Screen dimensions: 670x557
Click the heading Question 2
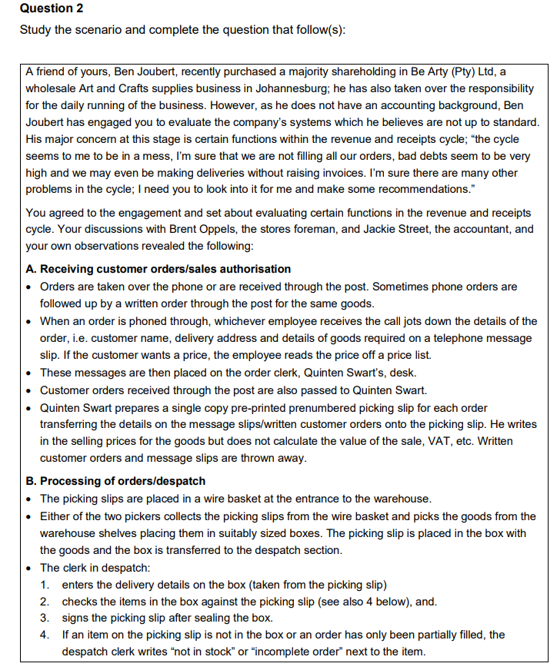[51, 8]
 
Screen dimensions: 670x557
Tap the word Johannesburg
[295, 88]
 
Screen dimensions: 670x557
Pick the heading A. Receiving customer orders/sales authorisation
[158, 269]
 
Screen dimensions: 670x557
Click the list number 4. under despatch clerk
[45, 635]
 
